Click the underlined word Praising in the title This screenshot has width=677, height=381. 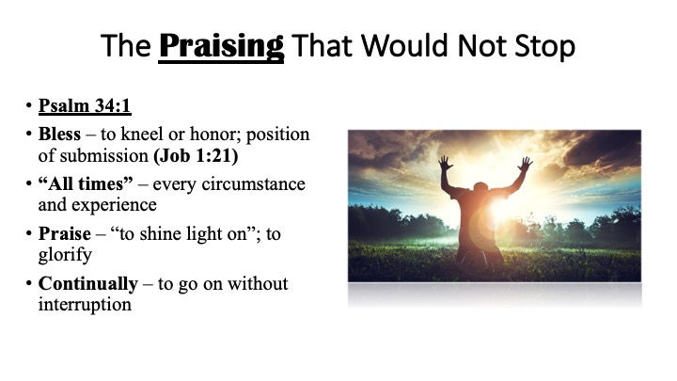222,47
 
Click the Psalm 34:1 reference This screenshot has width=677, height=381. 85,105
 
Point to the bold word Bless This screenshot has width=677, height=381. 59,134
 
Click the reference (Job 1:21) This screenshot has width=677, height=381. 196,155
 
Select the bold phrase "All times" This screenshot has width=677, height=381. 86,183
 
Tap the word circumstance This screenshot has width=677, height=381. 254,184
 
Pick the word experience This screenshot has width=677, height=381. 114,205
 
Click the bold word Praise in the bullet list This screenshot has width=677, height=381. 65,233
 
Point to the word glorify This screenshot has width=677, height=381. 65,254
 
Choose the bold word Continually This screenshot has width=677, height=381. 88,284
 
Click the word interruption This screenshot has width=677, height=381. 85,305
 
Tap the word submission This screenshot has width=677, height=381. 104,155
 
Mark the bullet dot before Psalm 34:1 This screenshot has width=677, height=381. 29,105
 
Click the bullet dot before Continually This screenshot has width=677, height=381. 29,284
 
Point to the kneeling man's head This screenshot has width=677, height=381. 481,188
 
